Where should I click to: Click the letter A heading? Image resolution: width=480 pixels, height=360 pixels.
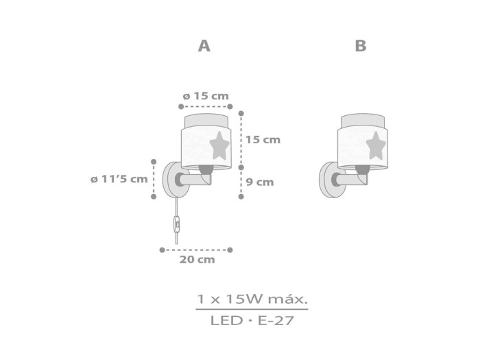[x=204, y=46]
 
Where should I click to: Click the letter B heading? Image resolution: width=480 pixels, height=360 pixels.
[x=361, y=46]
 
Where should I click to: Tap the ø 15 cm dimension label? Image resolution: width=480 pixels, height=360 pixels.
[x=206, y=96]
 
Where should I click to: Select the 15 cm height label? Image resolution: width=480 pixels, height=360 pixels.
[x=263, y=140]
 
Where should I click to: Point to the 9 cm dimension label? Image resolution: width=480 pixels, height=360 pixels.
[x=260, y=182]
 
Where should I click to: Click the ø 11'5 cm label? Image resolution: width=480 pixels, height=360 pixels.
[x=119, y=179]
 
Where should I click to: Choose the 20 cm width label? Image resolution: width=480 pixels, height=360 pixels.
[x=197, y=260]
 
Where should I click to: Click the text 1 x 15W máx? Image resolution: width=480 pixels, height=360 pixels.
[x=252, y=299]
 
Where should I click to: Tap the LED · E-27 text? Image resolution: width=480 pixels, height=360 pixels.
[x=252, y=320]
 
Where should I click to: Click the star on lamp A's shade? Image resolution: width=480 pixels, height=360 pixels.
[x=219, y=145]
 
